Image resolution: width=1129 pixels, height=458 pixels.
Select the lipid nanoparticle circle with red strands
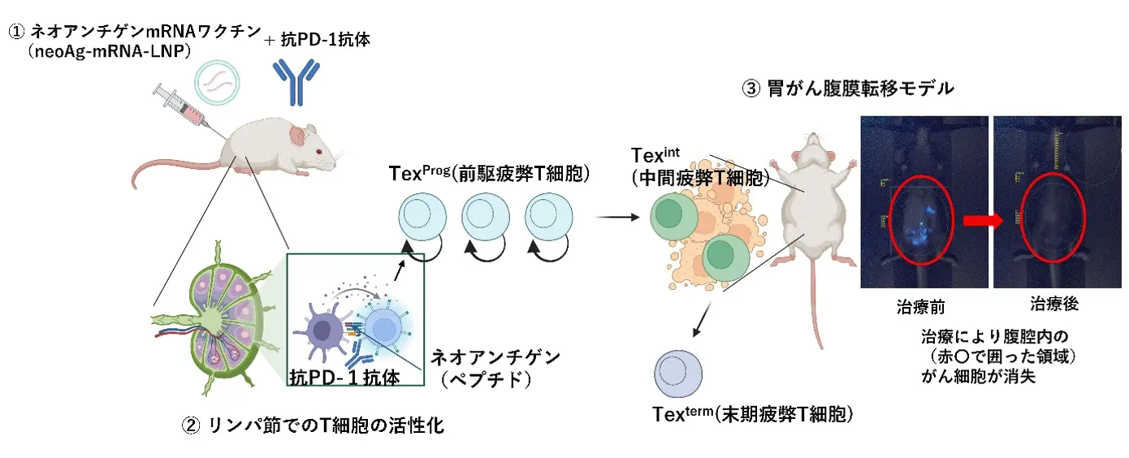[x=217, y=83]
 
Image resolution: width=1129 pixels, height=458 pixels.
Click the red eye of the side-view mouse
[x=318, y=152]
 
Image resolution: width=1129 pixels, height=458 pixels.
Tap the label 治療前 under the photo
[x=920, y=307]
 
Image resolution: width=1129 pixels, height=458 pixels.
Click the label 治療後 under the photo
[x=1054, y=304]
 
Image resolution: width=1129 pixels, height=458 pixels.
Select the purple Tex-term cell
[x=678, y=374]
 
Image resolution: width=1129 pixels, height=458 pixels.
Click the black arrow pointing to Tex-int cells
[x=617, y=217]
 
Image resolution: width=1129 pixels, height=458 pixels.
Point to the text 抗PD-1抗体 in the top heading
[x=326, y=39]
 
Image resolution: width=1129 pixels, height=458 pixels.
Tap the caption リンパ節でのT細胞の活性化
[x=326, y=426]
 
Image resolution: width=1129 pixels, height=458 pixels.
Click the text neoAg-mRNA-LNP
[x=110, y=51]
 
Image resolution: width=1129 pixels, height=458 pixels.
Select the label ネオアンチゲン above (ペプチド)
[x=495, y=357]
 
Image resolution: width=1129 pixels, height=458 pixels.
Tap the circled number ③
[x=751, y=89]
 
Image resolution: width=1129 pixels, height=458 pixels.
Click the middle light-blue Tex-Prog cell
[x=486, y=217]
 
